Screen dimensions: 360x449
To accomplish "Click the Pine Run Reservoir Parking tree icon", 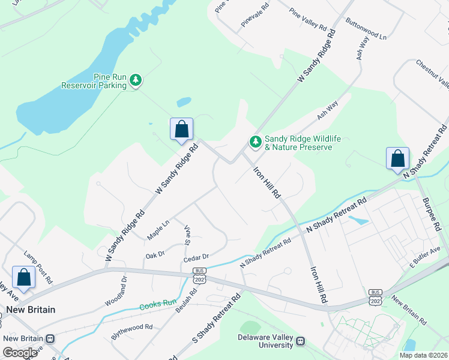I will (136, 79).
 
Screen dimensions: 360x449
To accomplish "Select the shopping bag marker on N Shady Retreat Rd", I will (397, 159).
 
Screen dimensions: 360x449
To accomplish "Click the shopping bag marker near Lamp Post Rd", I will (23, 277).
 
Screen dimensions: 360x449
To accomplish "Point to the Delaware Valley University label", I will (266, 341).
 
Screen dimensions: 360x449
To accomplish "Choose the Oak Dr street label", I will (155, 256).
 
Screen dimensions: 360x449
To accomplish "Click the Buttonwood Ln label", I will (366, 28).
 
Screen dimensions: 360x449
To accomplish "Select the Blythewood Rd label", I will (132, 332).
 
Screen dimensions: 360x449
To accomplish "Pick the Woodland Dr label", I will (116, 291).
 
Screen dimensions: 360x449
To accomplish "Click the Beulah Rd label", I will (186, 302).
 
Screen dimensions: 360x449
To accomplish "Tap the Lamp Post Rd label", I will (38, 268).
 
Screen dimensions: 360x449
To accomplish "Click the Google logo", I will (20, 353).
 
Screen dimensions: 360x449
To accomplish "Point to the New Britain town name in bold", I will (31, 310).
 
